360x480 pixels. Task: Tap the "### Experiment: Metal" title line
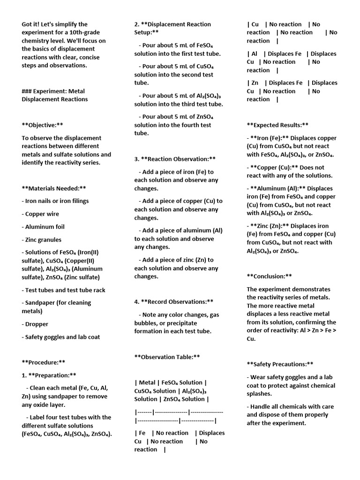pyautogui.click(x=53, y=91)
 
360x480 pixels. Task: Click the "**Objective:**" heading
pyautogui.click(x=42, y=125)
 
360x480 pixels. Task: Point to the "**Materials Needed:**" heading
pyautogui.click(x=54, y=188)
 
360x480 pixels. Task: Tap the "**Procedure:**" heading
pyautogui.click(x=43, y=362)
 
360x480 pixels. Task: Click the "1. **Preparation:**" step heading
pyautogui.click(x=49, y=375)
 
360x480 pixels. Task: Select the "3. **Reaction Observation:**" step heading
pyautogui.click(x=175, y=159)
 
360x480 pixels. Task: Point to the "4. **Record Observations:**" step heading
pyautogui.click(x=173, y=301)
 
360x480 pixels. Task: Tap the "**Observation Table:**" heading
pyautogui.click(x=167, y=357)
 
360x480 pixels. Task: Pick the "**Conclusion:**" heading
pyautogui.click(x=269, y=276)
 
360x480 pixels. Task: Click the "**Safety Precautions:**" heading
pyautogui.click(x=280, y=364)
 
